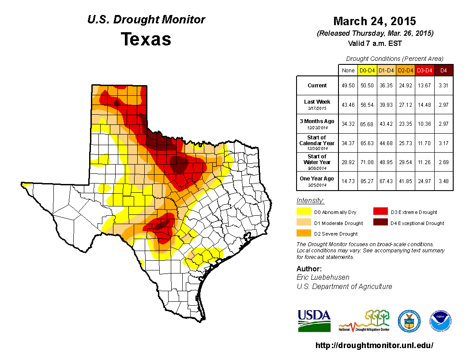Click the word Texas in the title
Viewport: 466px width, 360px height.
click(146, 39)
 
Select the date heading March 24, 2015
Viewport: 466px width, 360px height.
click(375, 21)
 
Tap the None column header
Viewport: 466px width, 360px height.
click(348, 70)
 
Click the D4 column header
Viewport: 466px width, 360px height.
click(443, 70)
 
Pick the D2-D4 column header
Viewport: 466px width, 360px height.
click(405, 70)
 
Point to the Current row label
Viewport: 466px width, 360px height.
click(317, 86)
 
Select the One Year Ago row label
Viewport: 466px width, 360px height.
click(317, 179)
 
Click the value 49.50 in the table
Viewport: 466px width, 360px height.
click(348, 86)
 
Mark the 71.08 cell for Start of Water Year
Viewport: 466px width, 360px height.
click(367, 162)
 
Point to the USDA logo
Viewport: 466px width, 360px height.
click(314, 320)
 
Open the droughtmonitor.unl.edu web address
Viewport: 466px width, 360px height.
click(375, 345)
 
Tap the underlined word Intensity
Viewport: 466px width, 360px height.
click(310, 201)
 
